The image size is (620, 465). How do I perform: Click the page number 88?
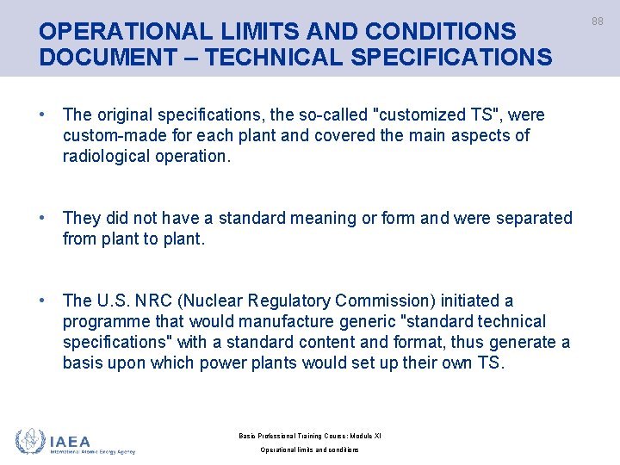[598, 22]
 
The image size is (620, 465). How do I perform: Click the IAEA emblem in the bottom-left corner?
[31, 442]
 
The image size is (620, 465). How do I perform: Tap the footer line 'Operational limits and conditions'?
[309, 449]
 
